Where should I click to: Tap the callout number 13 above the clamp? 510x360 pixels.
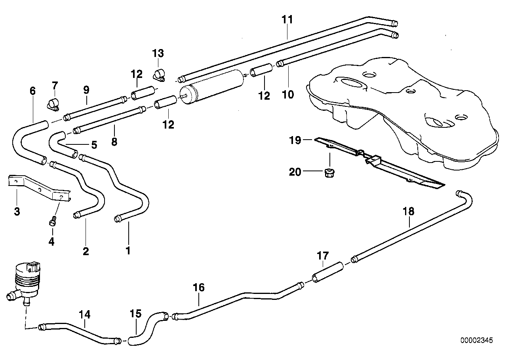(x=158, y=53)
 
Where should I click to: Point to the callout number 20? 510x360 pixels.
(x=295, y=172)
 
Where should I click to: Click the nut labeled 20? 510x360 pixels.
(x=328, y=172)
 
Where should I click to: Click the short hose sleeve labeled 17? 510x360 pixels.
(x=327, y=273)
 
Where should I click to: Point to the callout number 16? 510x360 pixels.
(x=199, y=287)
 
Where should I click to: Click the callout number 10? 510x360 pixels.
(x=288, y=95)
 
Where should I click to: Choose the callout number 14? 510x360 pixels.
(x=85, y=315)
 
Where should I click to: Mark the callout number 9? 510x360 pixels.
(x=86, y=90)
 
